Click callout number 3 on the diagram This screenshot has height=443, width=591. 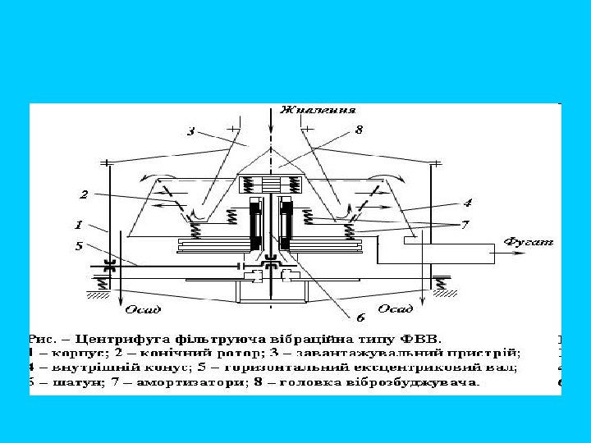[190, 131]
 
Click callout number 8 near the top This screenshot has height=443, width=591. [359, 130]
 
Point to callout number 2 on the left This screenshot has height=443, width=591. [84, 194]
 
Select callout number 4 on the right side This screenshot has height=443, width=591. [467, 202]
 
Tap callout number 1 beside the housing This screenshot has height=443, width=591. [79, 223]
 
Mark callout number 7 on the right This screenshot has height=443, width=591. [465, 224]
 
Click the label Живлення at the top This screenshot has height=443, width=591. [317, 109]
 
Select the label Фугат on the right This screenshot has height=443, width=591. [529, 242]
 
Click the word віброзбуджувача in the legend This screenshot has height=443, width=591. [427, 382]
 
